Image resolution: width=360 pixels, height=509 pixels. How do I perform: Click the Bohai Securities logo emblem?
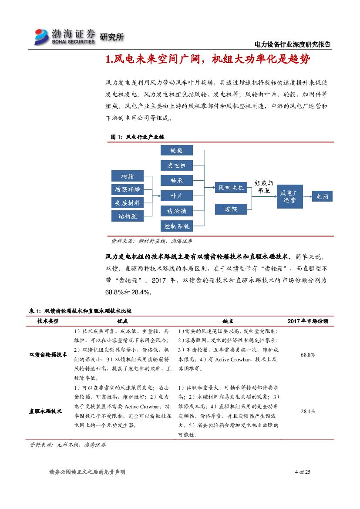click(42, 37)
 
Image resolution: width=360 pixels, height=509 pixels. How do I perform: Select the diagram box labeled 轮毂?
click(176, 151)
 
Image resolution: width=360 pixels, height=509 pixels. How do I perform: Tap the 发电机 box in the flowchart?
click(176, 165)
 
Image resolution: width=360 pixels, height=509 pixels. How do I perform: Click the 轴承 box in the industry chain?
click(176, 180)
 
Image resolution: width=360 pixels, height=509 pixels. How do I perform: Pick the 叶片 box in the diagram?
click(176, 196)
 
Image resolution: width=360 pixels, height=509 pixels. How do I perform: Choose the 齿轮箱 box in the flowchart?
click(176, 211)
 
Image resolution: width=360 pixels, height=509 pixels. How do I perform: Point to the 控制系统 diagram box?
click(176, 226)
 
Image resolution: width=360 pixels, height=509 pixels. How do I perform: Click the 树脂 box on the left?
click(127, 176)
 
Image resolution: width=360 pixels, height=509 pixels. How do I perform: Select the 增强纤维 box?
click(127, 189)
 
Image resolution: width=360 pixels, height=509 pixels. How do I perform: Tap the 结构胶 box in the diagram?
click(127, 216)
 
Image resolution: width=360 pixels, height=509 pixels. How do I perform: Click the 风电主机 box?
click(231, 188)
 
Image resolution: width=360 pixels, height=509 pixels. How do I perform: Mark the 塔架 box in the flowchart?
click(231, 209)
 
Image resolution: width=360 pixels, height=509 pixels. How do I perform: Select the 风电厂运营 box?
click(289, 196)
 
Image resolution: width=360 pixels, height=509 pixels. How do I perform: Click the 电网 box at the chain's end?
click(322, 197)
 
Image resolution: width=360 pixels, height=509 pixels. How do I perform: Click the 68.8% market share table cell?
click(307, 355)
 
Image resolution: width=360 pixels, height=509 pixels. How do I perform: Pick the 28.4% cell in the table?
click(307, 411)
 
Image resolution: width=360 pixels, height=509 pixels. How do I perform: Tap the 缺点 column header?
click(228, 321)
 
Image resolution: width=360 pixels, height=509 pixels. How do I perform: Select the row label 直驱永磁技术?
click(45, 411)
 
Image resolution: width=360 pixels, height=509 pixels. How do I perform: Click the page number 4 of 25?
click(302, 472)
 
